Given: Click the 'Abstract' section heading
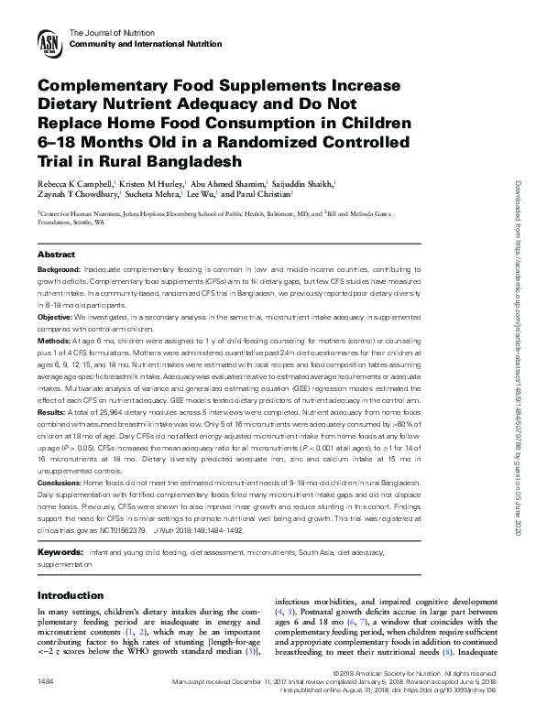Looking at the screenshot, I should click(56, 253).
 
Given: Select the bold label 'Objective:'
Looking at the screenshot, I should click(55, 316).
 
